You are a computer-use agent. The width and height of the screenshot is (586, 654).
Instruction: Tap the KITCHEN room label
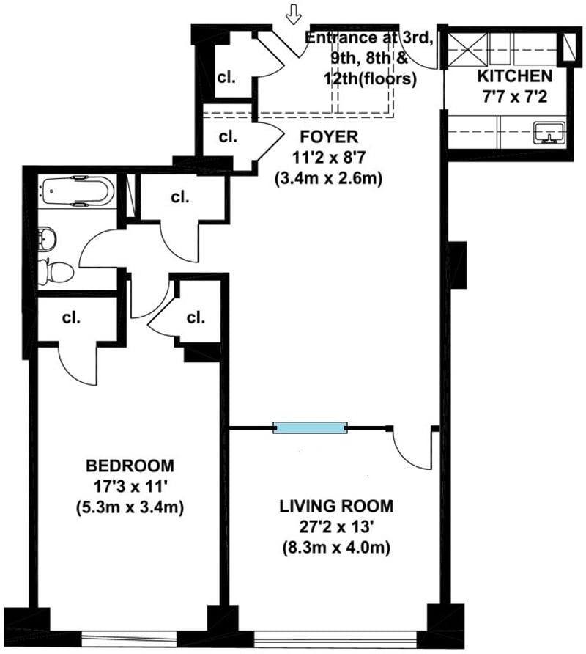pos(515,76)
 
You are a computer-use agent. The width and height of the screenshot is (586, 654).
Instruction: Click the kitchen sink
pos(549,133)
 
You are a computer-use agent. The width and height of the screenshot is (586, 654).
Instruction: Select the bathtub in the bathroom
pos(76,191)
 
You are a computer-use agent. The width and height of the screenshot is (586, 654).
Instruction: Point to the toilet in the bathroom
pos(56,272)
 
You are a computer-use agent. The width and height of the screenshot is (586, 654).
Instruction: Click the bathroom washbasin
pos(46,239)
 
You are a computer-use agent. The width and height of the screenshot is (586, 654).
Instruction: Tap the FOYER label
pos(329,137)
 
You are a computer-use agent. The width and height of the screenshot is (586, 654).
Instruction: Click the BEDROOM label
pos(130,466)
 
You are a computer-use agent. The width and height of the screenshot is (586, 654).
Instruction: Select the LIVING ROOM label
pos(336,506)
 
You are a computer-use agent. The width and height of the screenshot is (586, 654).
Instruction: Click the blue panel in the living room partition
pos(310,427)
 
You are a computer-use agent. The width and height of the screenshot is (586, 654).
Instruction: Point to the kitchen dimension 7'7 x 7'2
pos(515,98)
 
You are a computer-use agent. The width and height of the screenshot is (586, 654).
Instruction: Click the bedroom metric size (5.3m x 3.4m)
pos(130,507)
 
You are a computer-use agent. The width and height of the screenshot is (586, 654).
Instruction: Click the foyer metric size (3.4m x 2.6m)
pos(329,179)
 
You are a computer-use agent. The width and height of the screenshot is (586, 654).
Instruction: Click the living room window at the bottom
pos(335,638)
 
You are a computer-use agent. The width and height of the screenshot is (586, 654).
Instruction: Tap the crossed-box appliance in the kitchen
pos(467,49)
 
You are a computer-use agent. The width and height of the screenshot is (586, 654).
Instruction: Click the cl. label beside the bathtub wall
pos(180,197)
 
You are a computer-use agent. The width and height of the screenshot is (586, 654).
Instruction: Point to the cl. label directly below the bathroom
pos(71,317)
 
